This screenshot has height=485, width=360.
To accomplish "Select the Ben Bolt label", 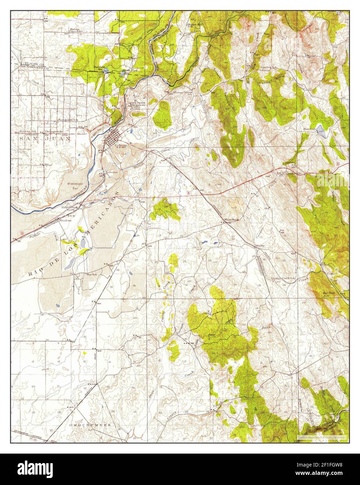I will click(x=329, y=293).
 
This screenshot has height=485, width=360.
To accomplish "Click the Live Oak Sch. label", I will click(x=268, y=67).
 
